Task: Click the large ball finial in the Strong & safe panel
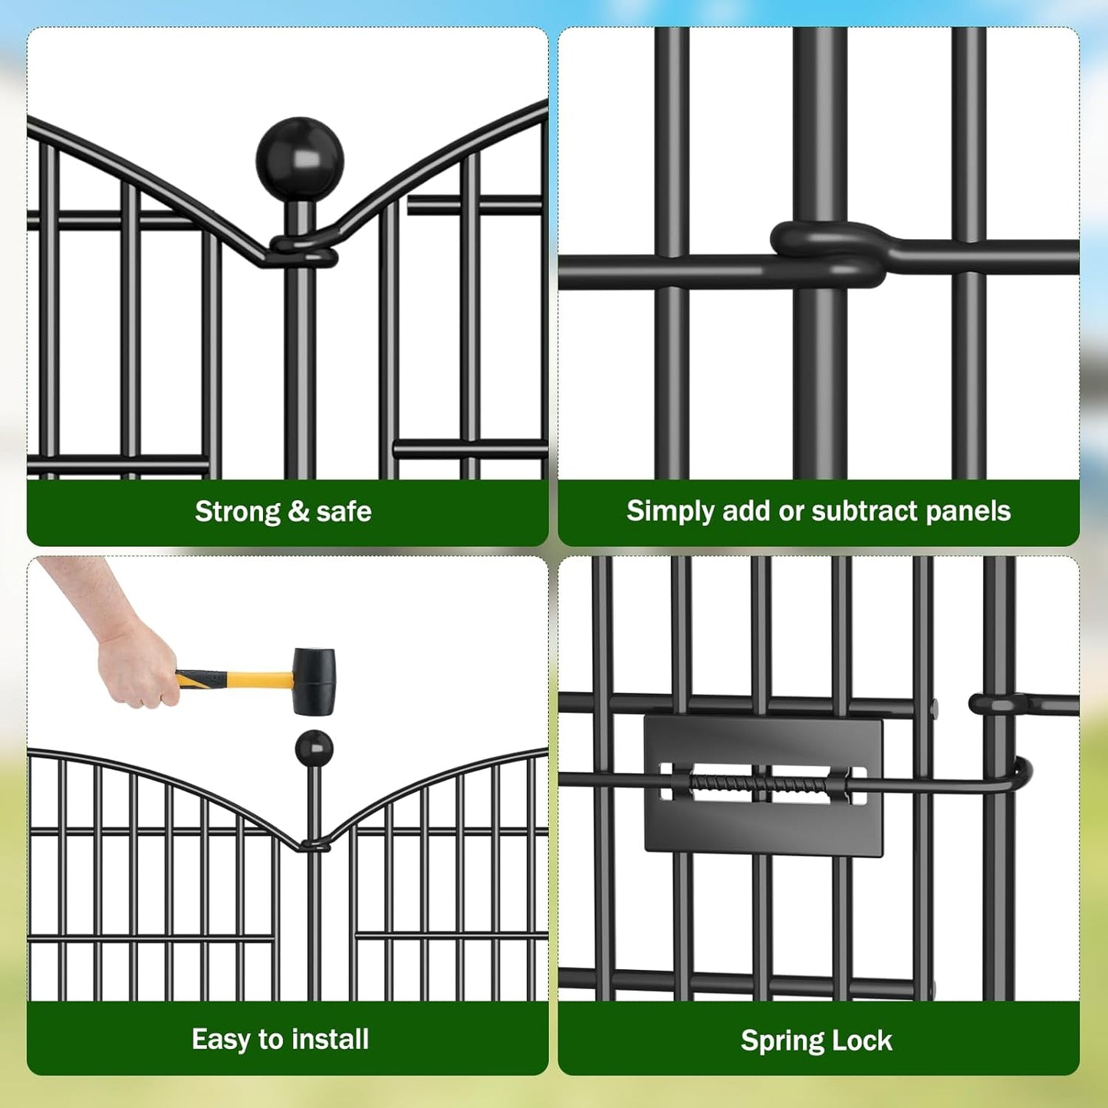(x=300, y=159)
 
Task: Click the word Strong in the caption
(x=238, y=511)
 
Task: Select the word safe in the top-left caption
(x=344, y=511)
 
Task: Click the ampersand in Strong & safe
(x=298, y=511)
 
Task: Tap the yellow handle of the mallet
(x=249, y=679)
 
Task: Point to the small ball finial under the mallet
(x=314, y=748)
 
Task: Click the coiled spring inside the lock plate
(x=759, y=784)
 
